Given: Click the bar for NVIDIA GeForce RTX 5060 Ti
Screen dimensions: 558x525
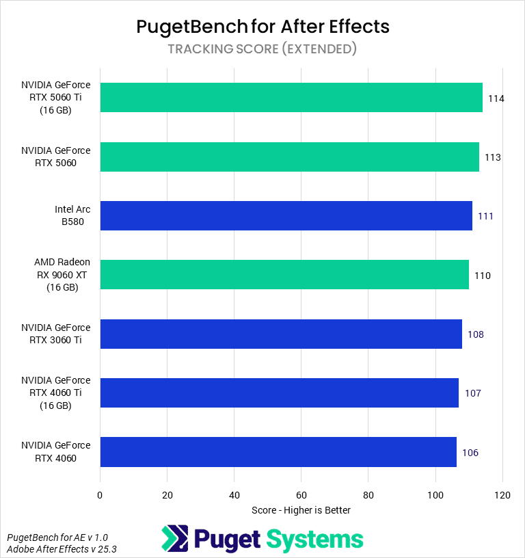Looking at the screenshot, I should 291,97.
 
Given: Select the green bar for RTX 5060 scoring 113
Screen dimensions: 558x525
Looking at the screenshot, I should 289,157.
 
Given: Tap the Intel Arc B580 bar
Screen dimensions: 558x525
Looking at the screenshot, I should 286,215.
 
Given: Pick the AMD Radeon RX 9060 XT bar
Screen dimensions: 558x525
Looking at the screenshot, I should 284,275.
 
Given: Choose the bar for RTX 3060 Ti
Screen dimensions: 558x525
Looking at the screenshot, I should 281,334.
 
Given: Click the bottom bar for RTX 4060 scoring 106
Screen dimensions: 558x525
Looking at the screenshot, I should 278,452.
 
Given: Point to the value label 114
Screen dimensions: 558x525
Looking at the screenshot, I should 496,98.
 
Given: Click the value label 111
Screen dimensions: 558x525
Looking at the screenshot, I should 486,216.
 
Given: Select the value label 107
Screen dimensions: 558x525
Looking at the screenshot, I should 472,393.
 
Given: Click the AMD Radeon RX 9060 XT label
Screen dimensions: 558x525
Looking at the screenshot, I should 62,275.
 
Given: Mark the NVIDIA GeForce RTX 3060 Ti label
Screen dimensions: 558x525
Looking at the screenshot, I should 55,334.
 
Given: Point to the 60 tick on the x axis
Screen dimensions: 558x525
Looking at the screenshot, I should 301,494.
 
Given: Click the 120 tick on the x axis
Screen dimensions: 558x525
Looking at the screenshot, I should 502,494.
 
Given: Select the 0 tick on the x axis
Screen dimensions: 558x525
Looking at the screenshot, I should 100,494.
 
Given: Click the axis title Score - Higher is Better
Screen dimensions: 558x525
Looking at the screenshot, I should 301,510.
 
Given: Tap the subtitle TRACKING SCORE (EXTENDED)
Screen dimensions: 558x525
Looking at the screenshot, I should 262,49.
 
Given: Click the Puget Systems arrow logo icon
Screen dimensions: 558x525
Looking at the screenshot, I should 174,538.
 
